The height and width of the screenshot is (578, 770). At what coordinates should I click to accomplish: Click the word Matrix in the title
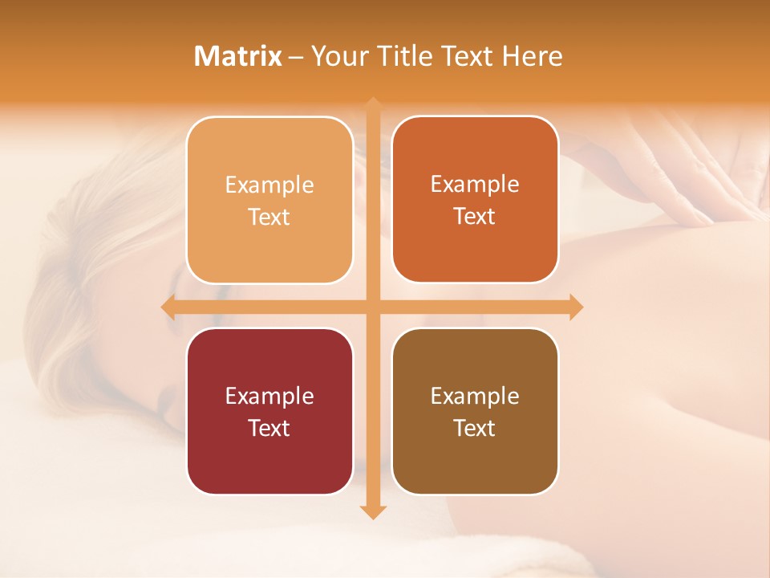click(238, 56)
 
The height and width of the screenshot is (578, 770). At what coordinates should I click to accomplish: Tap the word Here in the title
click(533, 56)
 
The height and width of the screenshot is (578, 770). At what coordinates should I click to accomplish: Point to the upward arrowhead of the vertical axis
click(372, 104)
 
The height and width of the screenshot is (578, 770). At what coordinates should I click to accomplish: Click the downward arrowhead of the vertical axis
click(372, 512)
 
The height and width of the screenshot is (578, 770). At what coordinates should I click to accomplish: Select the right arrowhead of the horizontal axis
click(576, 307)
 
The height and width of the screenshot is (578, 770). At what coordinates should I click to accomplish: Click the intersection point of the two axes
click(372, 307)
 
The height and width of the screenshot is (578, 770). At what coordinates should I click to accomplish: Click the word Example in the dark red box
click(269, 396)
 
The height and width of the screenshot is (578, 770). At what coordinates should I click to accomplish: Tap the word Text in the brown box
click(475, 428)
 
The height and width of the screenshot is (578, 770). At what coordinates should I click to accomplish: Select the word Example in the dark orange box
click(475, 184)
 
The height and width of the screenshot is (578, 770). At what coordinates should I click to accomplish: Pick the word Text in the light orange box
click(269, 217)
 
